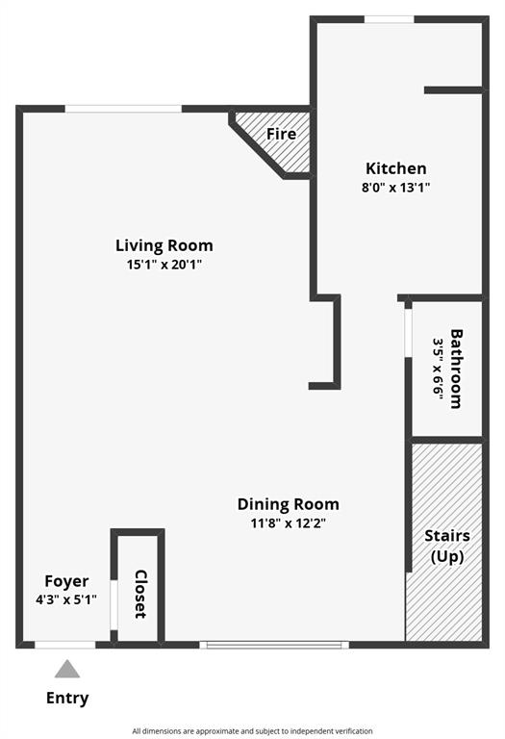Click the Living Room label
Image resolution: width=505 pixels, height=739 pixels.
[164, 245]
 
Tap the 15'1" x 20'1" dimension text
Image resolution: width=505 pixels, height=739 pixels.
[164, 264]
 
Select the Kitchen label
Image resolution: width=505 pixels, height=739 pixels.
[395, 168]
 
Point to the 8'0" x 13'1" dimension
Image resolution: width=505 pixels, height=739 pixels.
[395, 188]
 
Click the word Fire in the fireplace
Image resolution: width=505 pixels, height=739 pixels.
[282, 134]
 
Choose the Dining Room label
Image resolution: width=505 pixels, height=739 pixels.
[289, 504]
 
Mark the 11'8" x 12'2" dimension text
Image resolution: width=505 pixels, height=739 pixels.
[289, 523]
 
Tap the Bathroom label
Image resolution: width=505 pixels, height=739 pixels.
[457, 369]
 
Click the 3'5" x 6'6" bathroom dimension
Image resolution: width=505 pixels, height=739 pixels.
[439, 369]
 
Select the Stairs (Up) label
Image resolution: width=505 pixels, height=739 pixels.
[447, 546]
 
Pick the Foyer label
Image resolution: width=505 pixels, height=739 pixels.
[66, 581]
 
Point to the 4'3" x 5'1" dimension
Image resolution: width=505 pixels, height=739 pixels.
[66, 599]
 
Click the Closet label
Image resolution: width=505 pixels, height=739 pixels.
[139, 594]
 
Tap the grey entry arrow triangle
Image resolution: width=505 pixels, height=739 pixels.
[66, 669]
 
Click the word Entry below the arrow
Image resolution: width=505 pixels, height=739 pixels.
[67, 699]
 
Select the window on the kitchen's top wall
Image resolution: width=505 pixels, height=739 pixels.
[389, 18]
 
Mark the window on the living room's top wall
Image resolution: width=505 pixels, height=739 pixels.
[123, 109]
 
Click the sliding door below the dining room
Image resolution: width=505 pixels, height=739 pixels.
[276, 645]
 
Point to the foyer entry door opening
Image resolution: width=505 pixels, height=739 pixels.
[65, 645]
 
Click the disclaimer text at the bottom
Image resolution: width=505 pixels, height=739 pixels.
[252, 731]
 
